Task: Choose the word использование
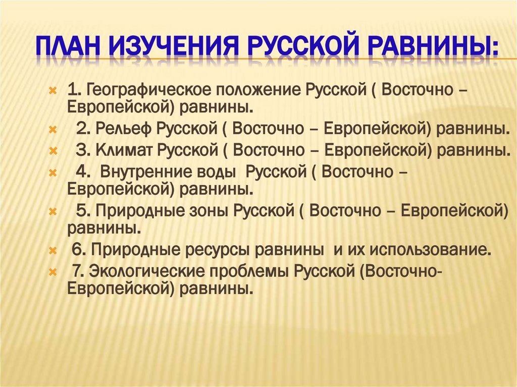pyautogui.click(x=428, y=249)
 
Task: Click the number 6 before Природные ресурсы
pyautogui.click(x=77, y=249)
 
